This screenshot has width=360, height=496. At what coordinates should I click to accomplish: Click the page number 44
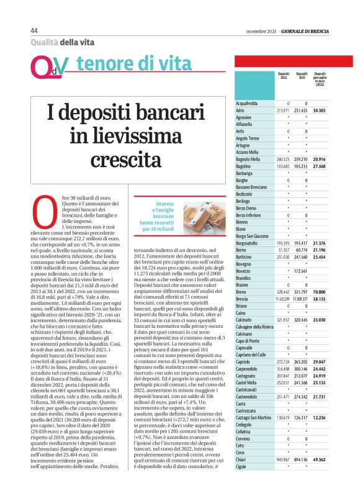pyautogui.click(x=34, y=31)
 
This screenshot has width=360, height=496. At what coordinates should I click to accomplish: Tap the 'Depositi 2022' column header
pyautogui.click(x=284, y=75)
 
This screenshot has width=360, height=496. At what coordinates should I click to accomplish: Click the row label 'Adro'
pyautogui.click(x=240, y=110)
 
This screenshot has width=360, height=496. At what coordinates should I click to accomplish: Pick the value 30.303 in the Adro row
pyautogui.click(x=320, y=110)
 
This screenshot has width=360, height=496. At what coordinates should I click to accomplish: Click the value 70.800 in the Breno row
pyautogui.click(x=320, y=291)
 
